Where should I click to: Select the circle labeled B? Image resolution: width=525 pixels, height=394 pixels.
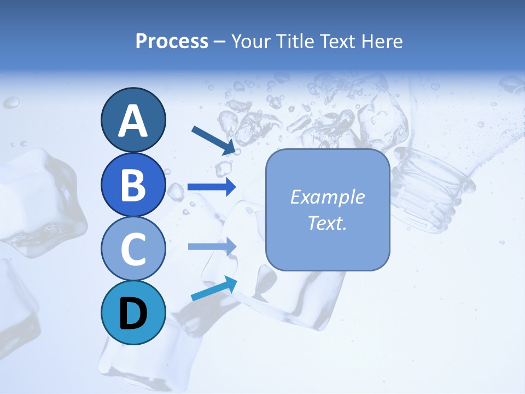coord(133,184)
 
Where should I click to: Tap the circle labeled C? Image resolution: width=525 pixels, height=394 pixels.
coord(133,249)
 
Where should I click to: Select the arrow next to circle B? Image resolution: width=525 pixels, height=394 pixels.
coord(212,187)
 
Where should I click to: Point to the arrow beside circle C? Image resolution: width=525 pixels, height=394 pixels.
coord(212,247)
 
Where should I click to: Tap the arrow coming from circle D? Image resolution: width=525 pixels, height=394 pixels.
coord(214,288)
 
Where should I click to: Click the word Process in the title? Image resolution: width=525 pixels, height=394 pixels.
coord(172,42)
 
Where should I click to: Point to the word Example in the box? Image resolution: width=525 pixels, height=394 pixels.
coord(328,197)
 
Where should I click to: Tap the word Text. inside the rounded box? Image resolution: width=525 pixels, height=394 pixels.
coord(328,223)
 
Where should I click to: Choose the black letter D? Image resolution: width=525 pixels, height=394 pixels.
coord(133,314)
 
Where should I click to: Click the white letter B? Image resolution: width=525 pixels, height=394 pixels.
coord(133,185)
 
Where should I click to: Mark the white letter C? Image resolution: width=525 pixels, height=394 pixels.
coord(133,249)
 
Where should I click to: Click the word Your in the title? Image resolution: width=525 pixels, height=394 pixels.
coord(251,42)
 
